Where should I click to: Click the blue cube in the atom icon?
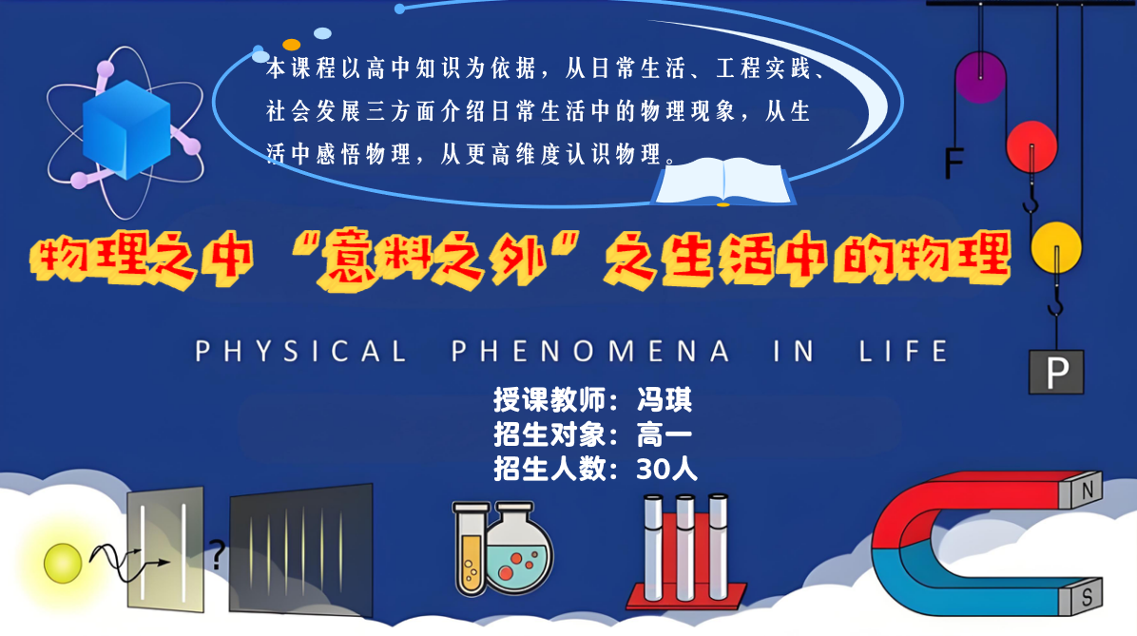125,128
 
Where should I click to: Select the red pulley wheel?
1031,145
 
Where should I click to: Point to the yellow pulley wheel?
1056,247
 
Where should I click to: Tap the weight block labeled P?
1056,372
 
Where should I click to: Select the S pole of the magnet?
1086,597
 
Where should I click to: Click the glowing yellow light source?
63,563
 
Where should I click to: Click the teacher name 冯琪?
664,399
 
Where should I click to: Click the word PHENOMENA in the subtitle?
590,351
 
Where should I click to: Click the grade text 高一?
664,434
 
